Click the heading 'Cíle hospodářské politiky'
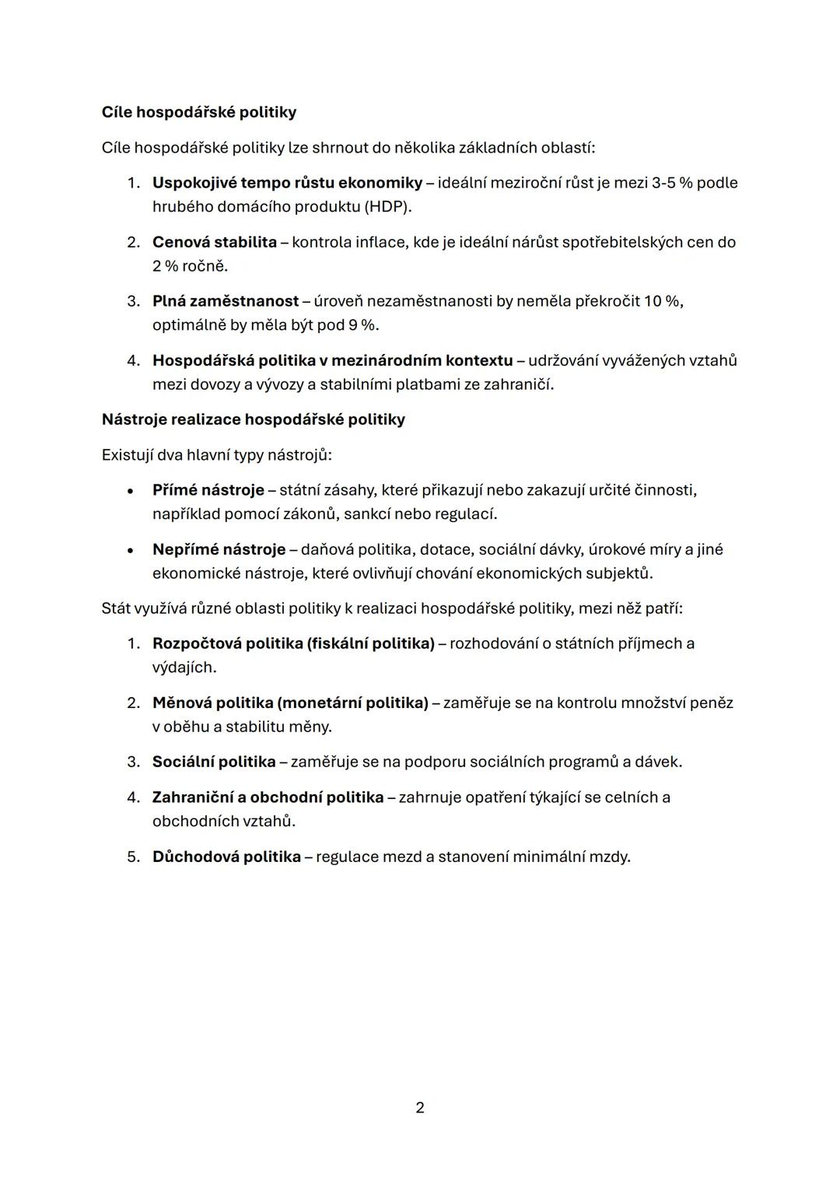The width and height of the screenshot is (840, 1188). click(198, 112)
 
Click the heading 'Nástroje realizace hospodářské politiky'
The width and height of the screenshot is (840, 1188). click(253, 419)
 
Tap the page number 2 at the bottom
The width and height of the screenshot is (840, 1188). click(420, 1107)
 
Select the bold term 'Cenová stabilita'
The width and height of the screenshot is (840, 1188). click(214, 242)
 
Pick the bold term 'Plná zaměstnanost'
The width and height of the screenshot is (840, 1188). click(226, 301)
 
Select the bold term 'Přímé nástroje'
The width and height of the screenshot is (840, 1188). click(208, 490)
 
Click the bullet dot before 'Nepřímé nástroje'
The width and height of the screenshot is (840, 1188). click(131, 550)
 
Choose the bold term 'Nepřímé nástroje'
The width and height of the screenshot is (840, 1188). click(219, 549)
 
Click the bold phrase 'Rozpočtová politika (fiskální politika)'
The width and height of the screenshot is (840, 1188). click(293, 643)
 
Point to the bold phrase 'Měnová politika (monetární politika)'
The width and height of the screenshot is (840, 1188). click(290, 703)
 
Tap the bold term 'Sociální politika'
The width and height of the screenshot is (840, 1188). click(214, 762)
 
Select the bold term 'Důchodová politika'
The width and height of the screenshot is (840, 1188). click(226, 857)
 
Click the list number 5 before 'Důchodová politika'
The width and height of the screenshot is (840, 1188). click(133, 857)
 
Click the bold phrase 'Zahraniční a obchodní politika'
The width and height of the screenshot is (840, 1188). click(268, 797)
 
